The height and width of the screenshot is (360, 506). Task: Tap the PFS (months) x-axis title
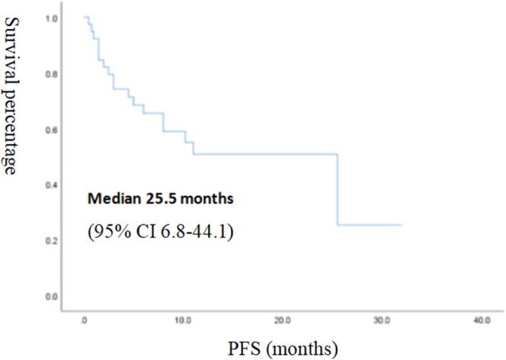[283, 349]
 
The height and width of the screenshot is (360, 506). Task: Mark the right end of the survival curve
[401, 225]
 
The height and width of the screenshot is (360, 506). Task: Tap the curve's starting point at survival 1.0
[84, 17]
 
